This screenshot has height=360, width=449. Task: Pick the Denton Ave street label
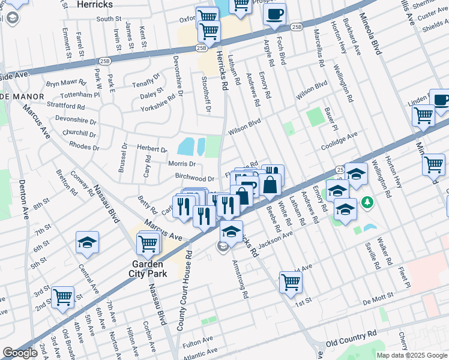pos(22,200)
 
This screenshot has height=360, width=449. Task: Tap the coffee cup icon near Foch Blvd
pos(274,14)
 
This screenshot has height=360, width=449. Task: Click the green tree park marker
pos(366,204)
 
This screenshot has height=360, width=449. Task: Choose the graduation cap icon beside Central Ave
pos(87,242)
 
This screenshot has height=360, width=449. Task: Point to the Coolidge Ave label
pos(339,142)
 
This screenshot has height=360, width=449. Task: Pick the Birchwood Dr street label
pos(194,178)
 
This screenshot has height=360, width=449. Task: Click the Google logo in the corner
pos(20,353)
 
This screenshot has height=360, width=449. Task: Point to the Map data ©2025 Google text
pos(411,355)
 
